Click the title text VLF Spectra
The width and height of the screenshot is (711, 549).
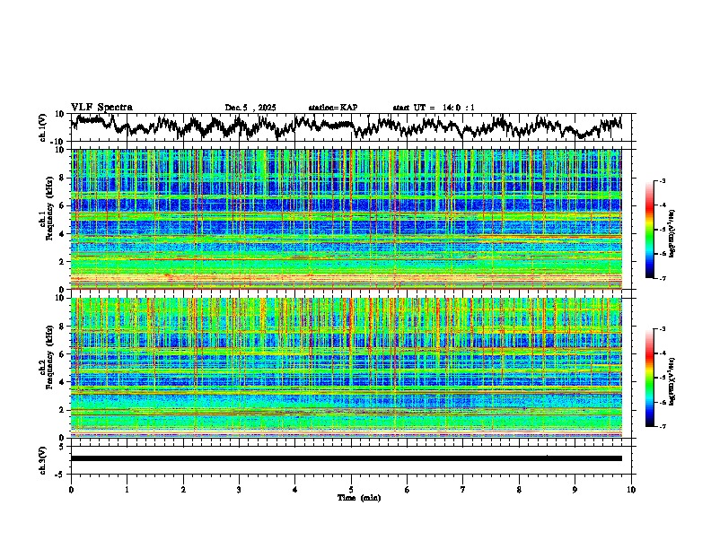click(101, 107)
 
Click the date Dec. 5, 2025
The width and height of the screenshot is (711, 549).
click(250, 108)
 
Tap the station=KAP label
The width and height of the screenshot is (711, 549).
click(333, 108)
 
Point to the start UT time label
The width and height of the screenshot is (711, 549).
click(434, 108)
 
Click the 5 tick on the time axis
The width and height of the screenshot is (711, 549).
click(351, 489)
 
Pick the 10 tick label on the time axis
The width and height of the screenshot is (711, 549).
click(631, 489)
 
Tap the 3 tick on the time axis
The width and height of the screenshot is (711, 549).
click(239, 489)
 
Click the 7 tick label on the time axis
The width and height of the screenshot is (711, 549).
click(462, 489)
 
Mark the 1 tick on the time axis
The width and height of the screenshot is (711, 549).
click(127, 489)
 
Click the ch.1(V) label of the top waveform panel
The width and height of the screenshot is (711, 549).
click(43, 127)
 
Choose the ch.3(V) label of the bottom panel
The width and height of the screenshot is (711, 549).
click(43, 458)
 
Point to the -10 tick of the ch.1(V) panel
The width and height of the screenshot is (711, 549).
click(56, 142)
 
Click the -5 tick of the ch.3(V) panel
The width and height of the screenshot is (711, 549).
click(58, 472)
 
